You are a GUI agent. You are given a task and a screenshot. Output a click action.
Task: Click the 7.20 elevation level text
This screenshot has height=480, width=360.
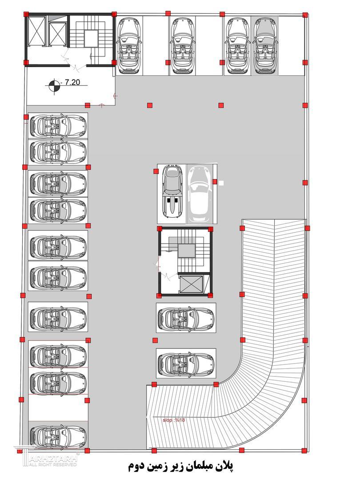tap(72, 82)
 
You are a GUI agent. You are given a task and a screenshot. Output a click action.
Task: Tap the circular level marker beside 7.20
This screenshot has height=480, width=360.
tap(54, 86)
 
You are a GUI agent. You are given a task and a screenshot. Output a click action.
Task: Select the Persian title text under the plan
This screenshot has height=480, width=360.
tap(180, 466)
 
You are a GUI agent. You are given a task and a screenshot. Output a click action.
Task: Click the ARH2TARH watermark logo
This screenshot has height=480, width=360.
tap(47, 457)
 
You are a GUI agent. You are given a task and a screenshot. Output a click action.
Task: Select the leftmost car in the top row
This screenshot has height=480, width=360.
tap(129, 46)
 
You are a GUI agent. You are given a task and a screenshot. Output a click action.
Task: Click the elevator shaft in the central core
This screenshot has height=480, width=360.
tap(191, 284)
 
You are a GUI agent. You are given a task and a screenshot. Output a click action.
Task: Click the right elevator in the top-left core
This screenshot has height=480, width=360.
tap(57, 32)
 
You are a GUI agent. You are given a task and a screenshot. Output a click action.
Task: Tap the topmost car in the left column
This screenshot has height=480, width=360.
tap(58, 126)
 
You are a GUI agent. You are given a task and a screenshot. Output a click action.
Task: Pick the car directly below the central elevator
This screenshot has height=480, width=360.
tap(186, 317)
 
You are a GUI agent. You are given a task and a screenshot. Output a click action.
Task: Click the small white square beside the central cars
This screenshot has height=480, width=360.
tap(221, 183)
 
